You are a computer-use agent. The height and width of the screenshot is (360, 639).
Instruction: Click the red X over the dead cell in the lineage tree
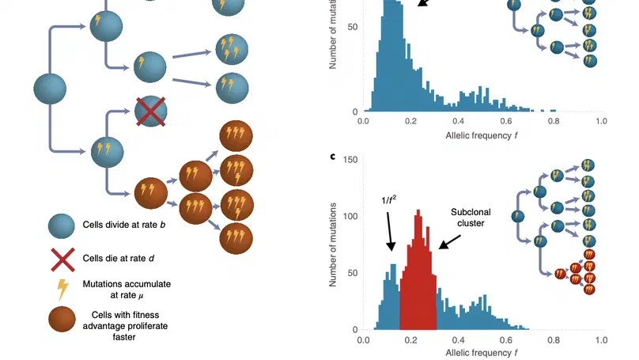point(150,112)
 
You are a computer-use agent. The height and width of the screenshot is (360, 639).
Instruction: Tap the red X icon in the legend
point(62,257)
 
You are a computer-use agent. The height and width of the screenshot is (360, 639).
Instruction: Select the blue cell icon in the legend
point(62,225)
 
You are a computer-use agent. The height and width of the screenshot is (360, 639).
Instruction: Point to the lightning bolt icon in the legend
point(62,289)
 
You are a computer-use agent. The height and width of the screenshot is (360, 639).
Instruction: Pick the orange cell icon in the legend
point(62,322)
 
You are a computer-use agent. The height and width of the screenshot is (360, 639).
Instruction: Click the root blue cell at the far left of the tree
point(50,88)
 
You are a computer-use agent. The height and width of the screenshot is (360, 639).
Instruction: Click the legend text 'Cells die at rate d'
point(119,258)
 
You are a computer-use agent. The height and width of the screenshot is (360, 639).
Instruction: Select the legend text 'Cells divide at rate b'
point(124,225)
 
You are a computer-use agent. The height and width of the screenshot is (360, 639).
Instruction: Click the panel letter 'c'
point(333,155)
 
